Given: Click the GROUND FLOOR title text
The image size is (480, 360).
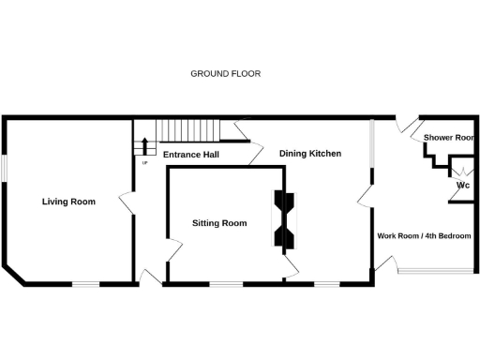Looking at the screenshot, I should tap(225, 73).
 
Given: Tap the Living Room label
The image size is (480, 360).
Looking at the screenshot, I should tap(68, 202).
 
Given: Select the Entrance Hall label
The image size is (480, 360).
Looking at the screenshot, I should tap(190, 154).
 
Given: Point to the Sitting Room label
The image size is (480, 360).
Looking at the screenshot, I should tap(219, 223).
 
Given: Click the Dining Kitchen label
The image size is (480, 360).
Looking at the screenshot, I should tap(309, 153).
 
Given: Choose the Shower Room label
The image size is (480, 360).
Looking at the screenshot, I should tap(449, 138).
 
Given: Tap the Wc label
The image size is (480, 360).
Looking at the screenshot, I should tap(462, 186).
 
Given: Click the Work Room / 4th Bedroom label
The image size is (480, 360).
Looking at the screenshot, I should tap(423, 235).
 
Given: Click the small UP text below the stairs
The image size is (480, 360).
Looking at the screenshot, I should tap(144, 163).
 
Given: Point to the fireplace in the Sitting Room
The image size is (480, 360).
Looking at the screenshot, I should tap(284, 217).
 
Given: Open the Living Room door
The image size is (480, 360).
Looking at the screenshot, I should tap(126, 200).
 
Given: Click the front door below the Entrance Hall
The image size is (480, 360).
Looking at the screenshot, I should tap(148, 276).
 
